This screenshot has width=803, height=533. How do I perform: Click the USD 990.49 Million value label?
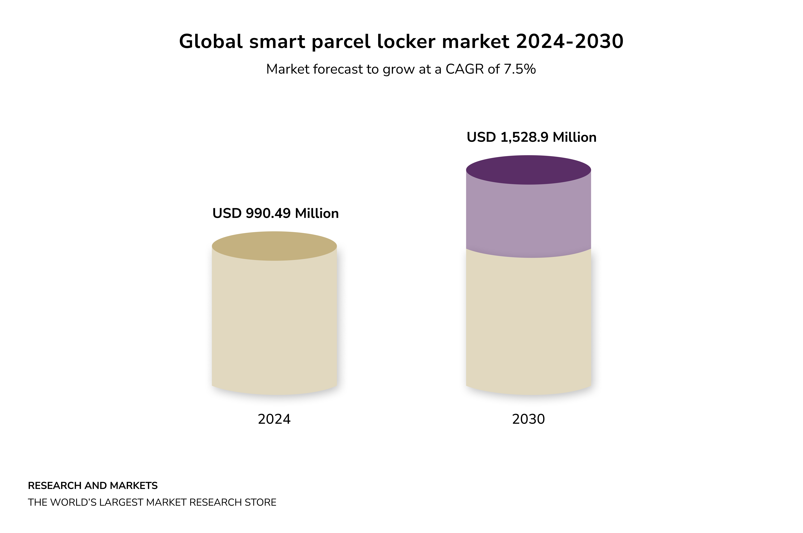pos(275,214)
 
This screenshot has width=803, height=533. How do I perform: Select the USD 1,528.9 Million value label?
pos(531,137)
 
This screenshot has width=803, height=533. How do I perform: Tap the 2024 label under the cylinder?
pos(274,419)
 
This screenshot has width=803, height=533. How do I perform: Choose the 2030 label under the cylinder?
pos(528,419)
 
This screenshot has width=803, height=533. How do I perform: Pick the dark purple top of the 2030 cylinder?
pos(528,170)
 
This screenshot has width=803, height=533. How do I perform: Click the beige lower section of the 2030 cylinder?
pos(528,323)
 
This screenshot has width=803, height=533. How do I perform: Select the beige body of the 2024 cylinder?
pos(274,323)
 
